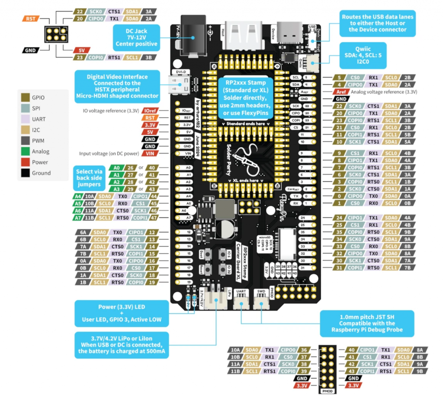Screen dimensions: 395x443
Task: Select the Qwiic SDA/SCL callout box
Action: tap(363, 56)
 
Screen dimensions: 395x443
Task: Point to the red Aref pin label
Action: tap(340, 92)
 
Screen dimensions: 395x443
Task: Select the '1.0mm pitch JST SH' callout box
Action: tap(367, 323)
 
